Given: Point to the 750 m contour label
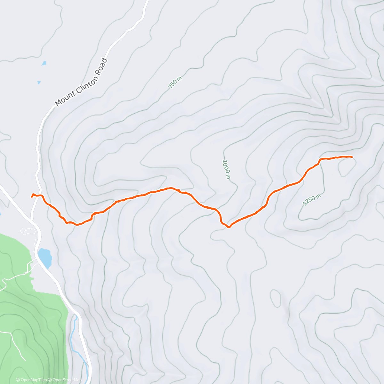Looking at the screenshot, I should pyautogui.click(x=175, y=82).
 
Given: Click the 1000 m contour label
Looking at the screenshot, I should pyautogui.click(x=226, y=169).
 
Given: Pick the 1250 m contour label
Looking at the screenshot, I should pyautogui.click(x=312, y=200).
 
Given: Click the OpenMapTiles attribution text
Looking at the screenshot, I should pyautogui.click(x=34, y=380).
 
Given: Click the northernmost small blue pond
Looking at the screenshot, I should pyautogui.click(x=44, y=63).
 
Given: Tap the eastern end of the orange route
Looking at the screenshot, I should pyautogui.click(x=352, y=157).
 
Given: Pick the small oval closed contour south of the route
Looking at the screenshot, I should pyautogui.click(x=276, y=298).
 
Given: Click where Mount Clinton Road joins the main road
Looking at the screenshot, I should pyautogui.click(x=32, y=219).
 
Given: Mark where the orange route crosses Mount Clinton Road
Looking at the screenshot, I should pyautogui.click(x=38, y=195).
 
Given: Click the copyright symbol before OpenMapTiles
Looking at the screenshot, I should pyautogui.click(x=18, y=380).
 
